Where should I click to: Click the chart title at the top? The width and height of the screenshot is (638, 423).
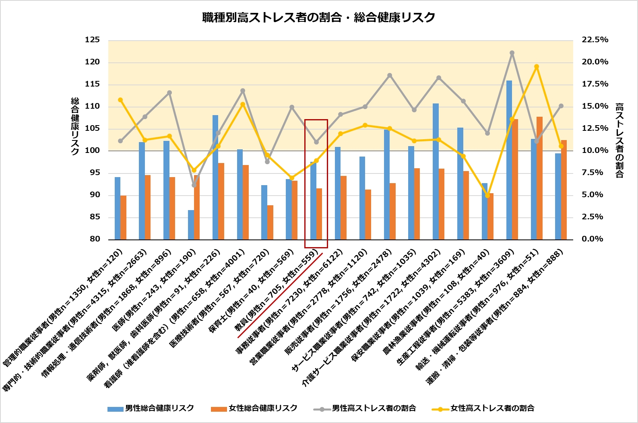tap(318, 18)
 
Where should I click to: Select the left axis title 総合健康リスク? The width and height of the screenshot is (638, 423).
tap(75, 126)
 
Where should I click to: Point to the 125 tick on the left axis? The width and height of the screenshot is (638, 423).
tap(92, 40)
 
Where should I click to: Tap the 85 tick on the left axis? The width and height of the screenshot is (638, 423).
tap(95, 217)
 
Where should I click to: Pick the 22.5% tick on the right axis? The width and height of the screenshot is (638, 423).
tap(595, 40)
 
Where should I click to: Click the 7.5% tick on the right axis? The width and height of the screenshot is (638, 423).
tap(593, 173)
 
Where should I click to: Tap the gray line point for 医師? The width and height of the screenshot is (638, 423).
tap(194, 185)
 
